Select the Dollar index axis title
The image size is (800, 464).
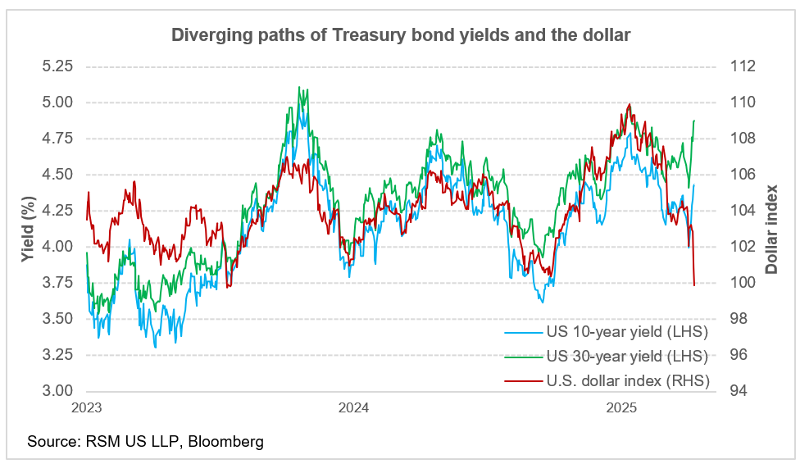771,229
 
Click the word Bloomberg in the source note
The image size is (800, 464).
225,442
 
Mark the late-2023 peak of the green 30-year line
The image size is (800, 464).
299,87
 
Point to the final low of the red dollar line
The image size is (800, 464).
694,285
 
